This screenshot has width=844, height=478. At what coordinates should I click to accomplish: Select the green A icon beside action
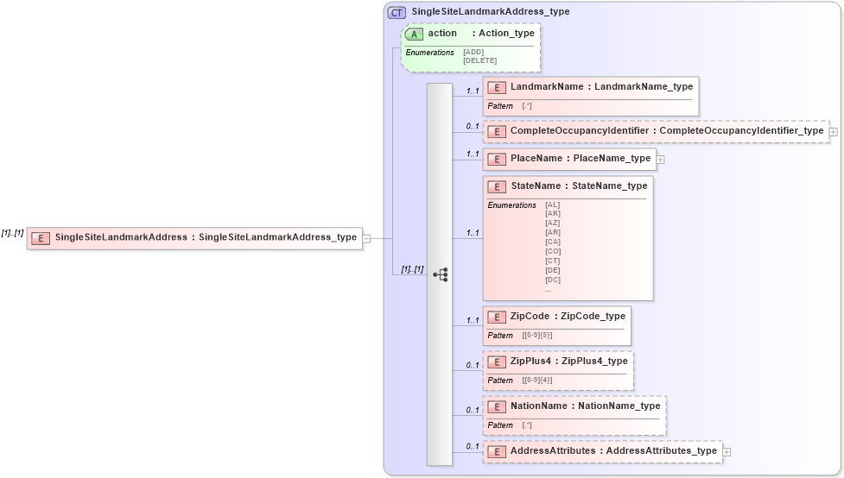(x=415, y=34)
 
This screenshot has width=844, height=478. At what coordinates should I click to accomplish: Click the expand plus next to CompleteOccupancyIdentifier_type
(x=834, y=132)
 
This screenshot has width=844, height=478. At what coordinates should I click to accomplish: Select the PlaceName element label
(x=536, y=159)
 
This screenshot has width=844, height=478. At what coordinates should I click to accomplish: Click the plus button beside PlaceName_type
(x=660, y=160)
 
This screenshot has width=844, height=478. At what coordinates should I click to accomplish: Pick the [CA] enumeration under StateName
(x=552, y=242)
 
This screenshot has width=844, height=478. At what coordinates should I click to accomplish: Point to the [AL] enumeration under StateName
(x=552, y=204)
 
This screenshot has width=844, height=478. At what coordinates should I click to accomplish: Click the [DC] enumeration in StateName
(x=552, y=280)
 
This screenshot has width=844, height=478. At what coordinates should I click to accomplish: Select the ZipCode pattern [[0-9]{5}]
(x=536, y=335)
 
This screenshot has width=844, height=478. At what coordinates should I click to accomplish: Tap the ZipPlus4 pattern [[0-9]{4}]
(x=536, y=380)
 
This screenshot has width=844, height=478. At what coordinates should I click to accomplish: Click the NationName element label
(x=539, y=406)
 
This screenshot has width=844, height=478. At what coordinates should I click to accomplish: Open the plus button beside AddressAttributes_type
(x=727, y=451)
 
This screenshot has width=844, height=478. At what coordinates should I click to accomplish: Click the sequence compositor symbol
(x=440, y=274)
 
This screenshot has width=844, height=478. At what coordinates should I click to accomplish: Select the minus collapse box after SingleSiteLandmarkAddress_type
(x=367, y=238)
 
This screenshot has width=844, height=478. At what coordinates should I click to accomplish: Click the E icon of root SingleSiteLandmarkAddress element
(x=41, y=238)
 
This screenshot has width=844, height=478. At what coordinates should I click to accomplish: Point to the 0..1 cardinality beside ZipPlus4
(x=473, y=365)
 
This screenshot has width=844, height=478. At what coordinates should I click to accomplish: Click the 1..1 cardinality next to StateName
(x=473, y=233)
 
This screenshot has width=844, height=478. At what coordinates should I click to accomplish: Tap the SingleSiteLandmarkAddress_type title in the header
(x=491, y=12)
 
